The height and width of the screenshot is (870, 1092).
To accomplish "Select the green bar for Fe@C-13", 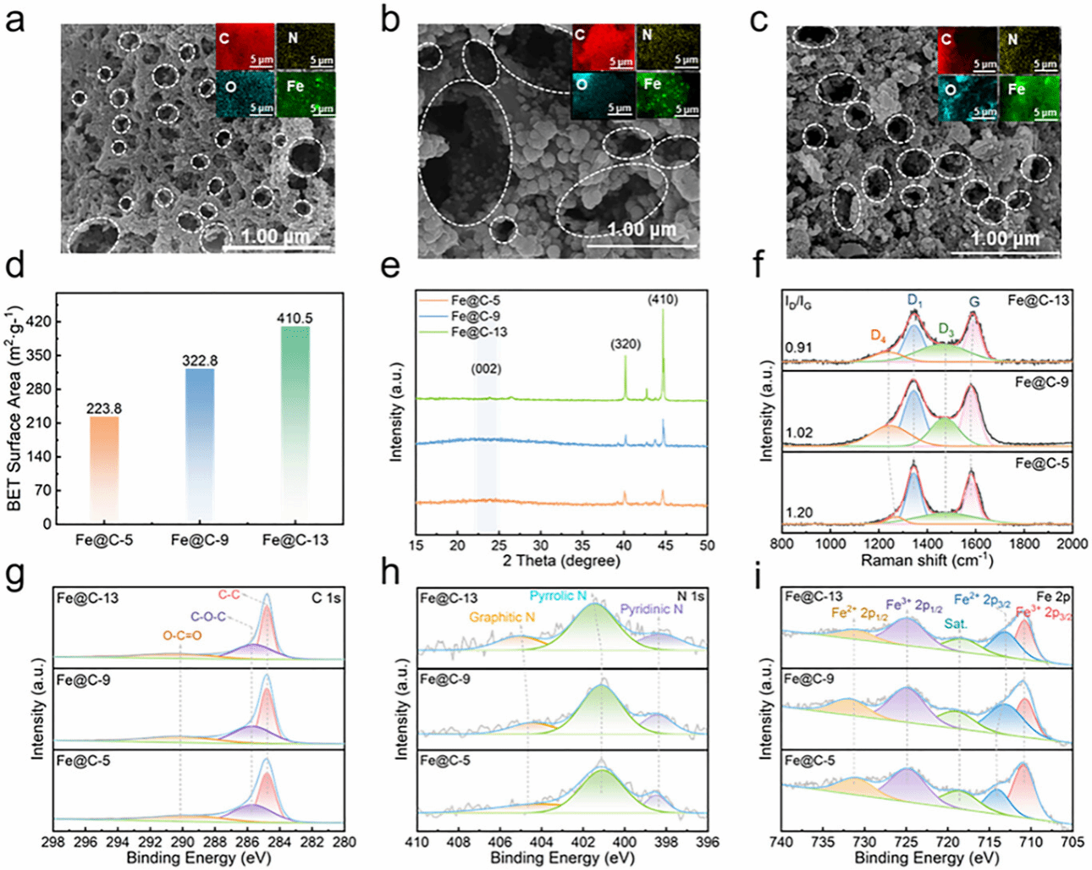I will tap(295, 423).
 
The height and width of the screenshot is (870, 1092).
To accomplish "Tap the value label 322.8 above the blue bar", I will tap(200, 361).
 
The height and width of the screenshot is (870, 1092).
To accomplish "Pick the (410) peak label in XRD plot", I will tap(663, 299).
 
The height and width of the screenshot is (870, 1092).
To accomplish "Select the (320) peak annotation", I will tap(626, 344).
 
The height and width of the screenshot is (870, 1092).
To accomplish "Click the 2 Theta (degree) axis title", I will tap(561, 560).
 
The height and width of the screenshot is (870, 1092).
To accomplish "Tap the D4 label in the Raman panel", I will tap(879, 336).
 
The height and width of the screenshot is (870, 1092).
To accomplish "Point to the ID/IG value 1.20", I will tap(799, 512).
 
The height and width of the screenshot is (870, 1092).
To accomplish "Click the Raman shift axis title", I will tap(927, 560).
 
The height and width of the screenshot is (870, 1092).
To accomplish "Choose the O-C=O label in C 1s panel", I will tap(182, 635).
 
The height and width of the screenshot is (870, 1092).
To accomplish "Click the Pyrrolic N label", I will tap(558, 596).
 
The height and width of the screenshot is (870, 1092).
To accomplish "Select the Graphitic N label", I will tap(502, 617).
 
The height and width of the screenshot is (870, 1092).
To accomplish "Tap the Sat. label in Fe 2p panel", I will tap(957, 624).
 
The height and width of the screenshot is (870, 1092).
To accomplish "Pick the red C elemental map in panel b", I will tap(603, 47).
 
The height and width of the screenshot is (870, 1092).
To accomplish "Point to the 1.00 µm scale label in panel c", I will tap(1005, 238).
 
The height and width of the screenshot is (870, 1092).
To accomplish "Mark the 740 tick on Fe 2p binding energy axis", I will tap(781, 842).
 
